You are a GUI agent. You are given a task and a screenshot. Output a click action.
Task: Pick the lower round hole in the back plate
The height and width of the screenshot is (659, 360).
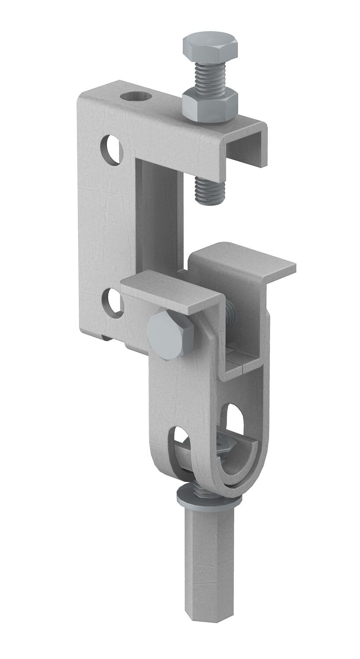coord(113,303)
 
